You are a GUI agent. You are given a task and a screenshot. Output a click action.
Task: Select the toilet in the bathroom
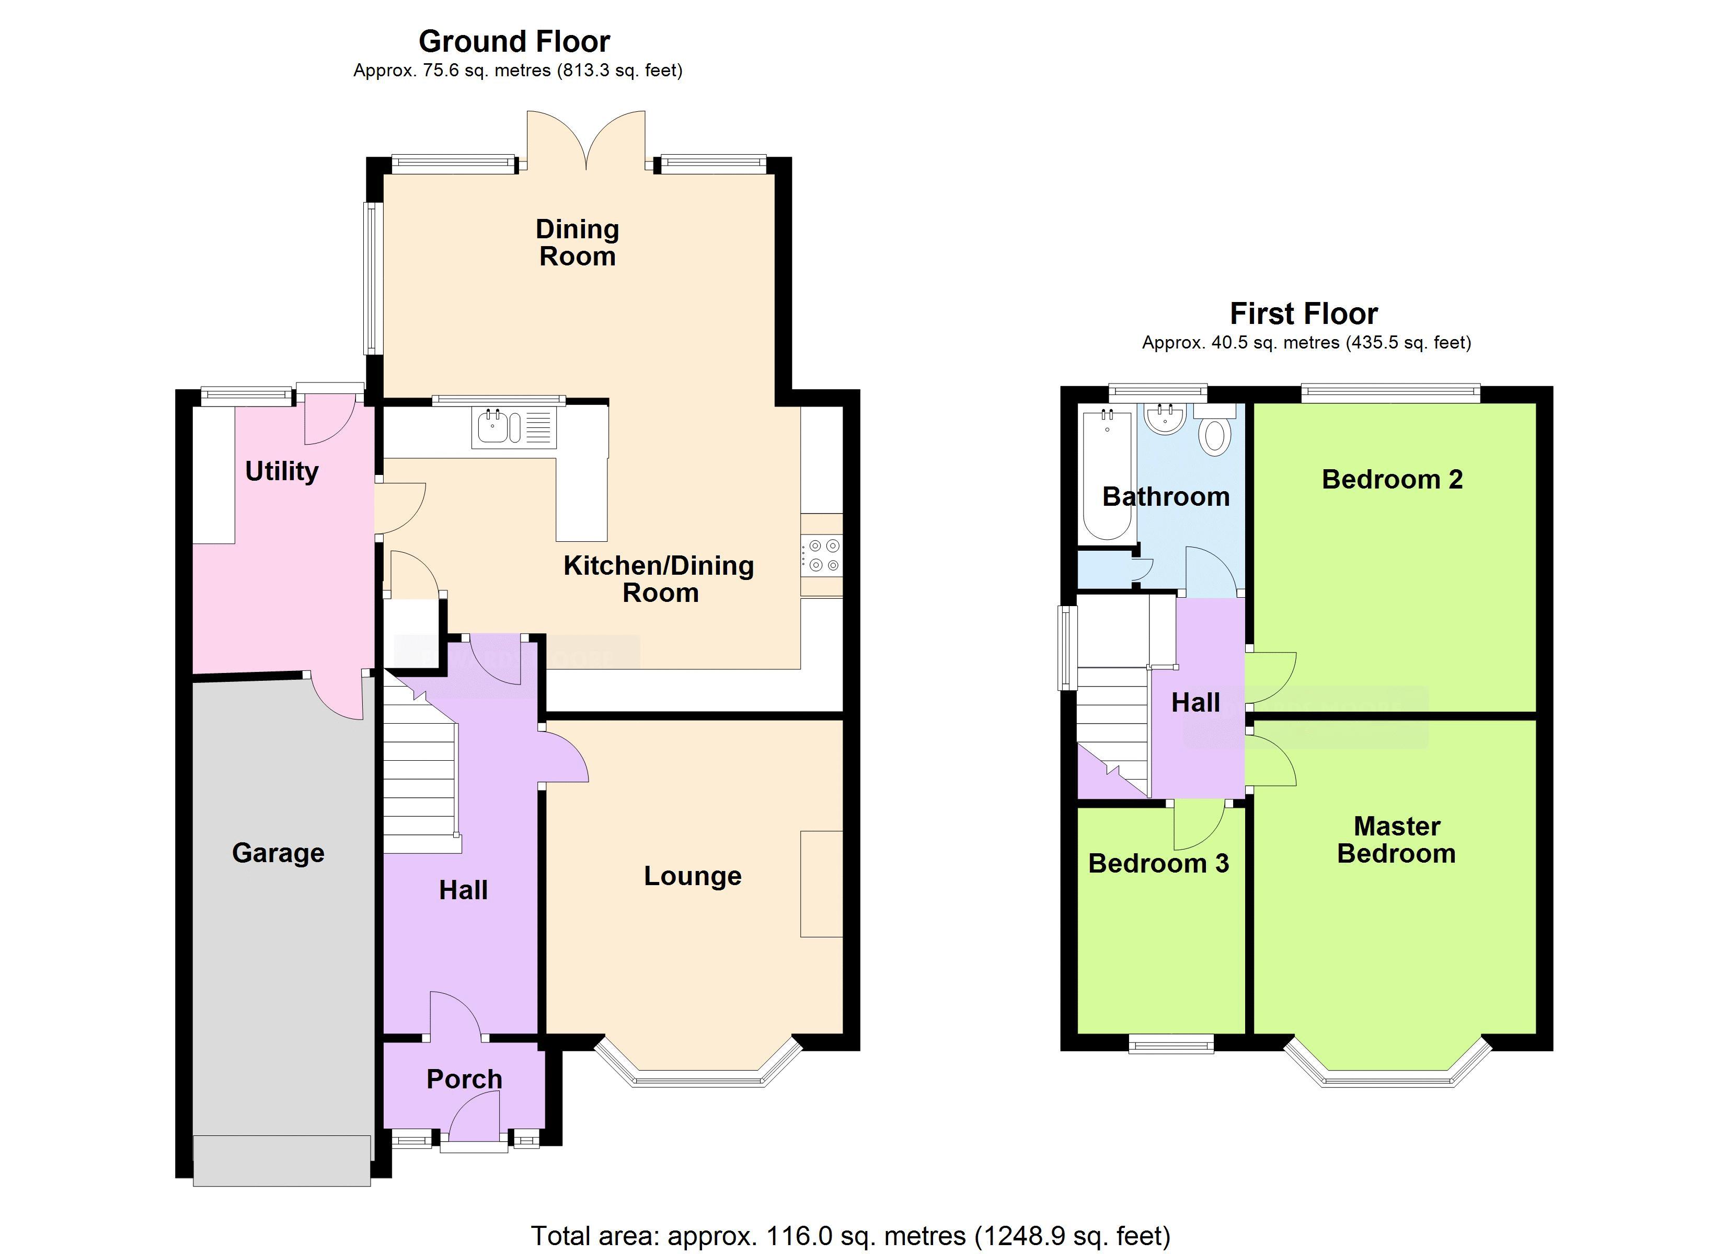[1215, 435]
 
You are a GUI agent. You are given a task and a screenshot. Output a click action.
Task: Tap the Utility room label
[281, 471]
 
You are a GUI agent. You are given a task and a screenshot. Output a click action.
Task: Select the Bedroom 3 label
[1158, 863]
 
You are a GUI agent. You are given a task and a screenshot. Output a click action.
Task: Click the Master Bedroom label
[1396, 840]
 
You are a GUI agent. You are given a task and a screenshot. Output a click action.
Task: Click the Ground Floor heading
[514, 41]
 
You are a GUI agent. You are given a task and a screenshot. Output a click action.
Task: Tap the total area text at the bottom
[849, 1236]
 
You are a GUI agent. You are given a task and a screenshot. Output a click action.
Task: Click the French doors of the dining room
[586, 141]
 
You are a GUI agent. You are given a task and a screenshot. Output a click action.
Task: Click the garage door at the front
[281, 1160]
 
